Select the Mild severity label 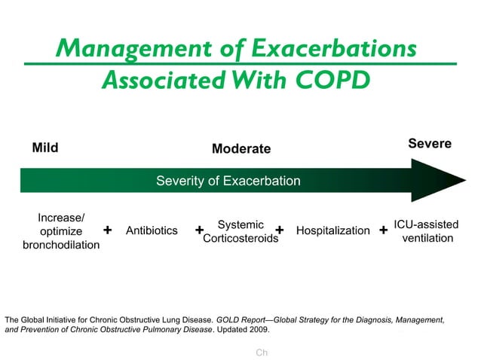pos(45,148)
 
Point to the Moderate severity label pos(240,149)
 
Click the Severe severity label pos(430,143)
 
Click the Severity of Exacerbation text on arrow pos(228,181)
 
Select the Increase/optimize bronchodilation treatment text pos(60,231)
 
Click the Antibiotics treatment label pos(152,230)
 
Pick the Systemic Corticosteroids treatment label pos(240,231)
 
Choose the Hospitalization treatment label pos(333,230)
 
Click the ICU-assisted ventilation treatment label pos(427,231)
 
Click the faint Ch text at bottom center pos(262,352)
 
